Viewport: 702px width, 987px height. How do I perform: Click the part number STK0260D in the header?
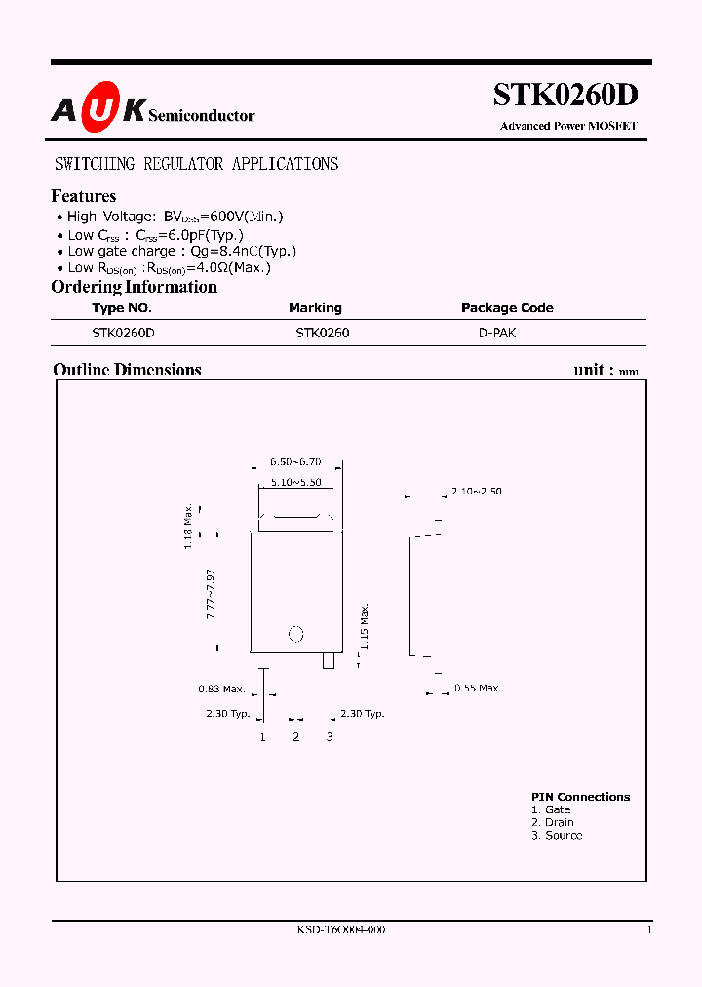(565, 96)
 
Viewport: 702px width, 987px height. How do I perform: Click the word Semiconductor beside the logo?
(202, 116)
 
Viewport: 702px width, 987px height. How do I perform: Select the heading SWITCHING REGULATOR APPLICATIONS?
(196, 164)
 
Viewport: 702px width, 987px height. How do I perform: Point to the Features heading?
(84, 196)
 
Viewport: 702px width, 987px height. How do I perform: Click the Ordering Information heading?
(134, 287)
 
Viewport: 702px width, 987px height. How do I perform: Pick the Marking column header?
(315, 308)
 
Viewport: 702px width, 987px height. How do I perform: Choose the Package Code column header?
(507, 308)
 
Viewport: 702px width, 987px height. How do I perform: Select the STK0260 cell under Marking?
(323, 333)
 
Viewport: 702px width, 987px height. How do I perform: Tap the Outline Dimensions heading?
(127, 370)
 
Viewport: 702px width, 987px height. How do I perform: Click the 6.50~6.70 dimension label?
(295, 462)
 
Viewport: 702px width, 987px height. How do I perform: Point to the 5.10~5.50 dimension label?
(295, 483)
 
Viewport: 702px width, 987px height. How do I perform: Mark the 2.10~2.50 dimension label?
(476, 492)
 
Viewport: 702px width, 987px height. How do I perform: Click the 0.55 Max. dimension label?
(478, 689)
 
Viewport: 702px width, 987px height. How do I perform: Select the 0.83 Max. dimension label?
(221, 690)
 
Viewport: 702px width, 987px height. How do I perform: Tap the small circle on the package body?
(297, 634)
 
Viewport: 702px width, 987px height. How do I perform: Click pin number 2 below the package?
(296, 736)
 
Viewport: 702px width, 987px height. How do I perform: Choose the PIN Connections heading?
(580, 797)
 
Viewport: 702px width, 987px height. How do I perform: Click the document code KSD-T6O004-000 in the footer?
(341, 930)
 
